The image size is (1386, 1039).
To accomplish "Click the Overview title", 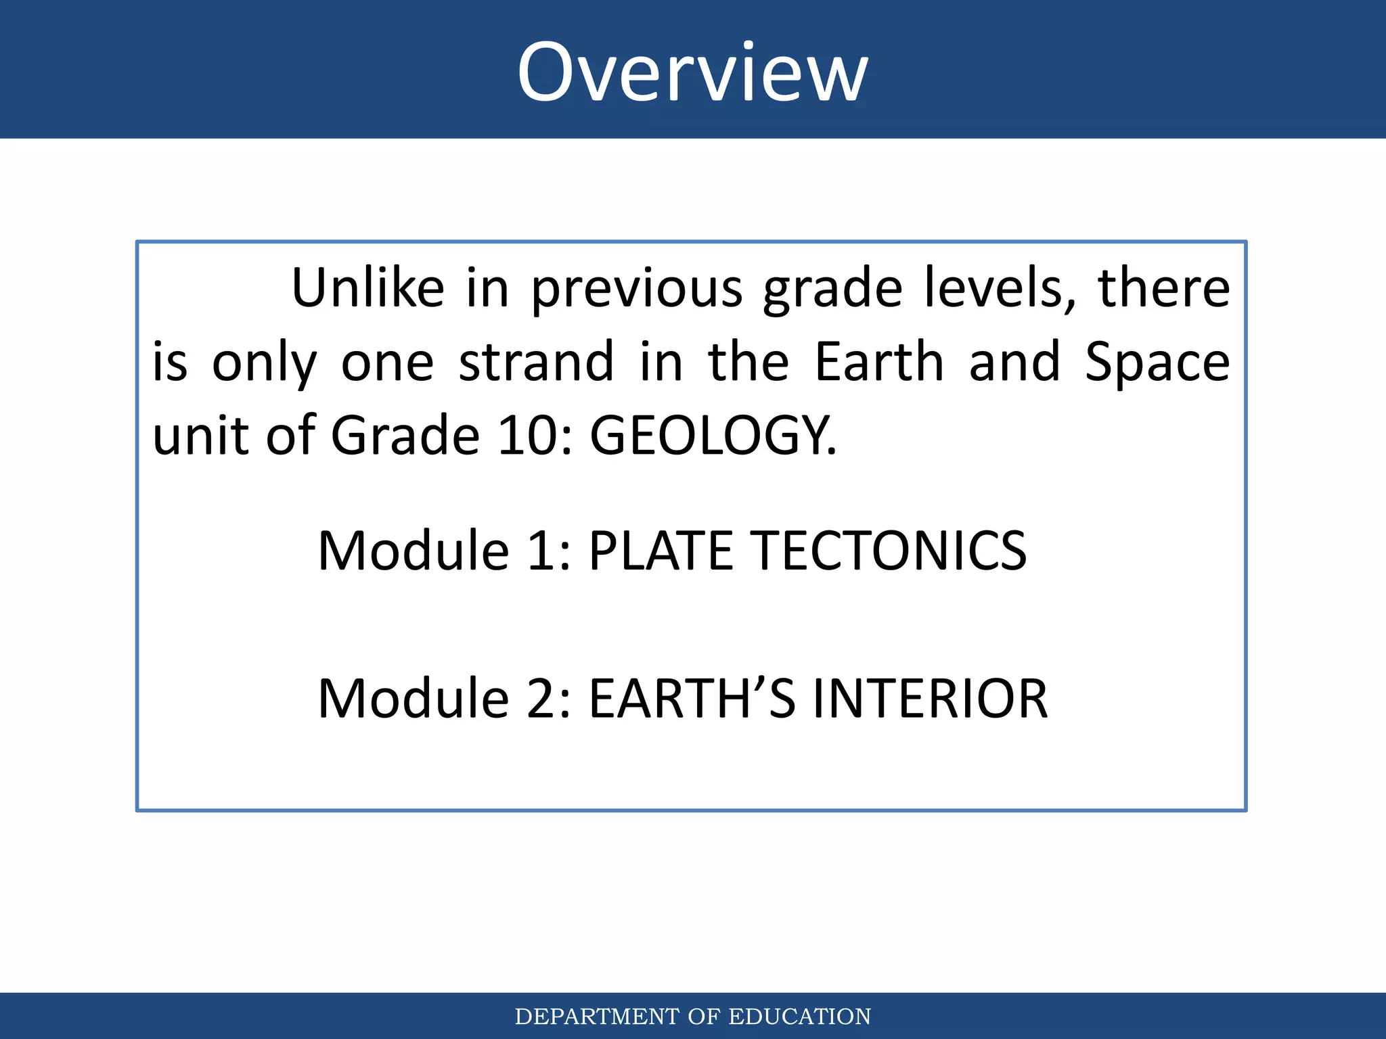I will (x=692, y=72).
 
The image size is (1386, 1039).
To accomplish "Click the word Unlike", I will (x=367, y=288).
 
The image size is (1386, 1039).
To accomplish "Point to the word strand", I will (x=536, y=362).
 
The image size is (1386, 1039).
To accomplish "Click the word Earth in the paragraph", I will (x=878, y=362).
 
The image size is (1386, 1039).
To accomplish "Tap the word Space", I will (x=1157, y=363).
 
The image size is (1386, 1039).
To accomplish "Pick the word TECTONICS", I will (x=889, y=551).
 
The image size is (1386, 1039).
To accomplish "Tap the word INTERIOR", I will (x=930, y=699).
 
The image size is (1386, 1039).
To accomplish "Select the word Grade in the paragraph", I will (x=405, y=436).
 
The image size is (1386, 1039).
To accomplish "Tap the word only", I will (x=264, y=363).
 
